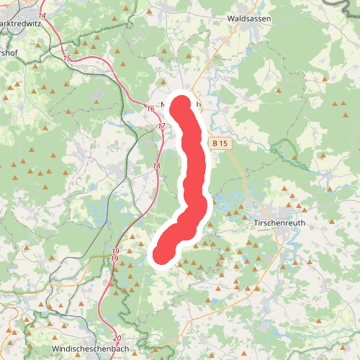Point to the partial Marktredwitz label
coord(22,23)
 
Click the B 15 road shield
coord(220,144)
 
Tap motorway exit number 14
coord(42,15)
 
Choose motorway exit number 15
coord(67,58)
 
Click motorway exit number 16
coord(150,109)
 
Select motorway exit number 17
coord(161,126)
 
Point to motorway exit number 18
coord(157,166)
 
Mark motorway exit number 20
coord(117,338)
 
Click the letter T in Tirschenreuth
coord(257,223)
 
